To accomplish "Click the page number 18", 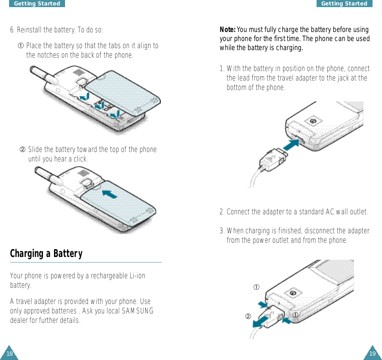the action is point(9,354).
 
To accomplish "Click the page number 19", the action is point(372,354).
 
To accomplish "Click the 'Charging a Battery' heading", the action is point(46,254).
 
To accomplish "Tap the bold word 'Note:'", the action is point(227,30).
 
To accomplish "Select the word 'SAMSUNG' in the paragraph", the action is point(138,311).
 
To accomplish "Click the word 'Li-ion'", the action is point(138,276).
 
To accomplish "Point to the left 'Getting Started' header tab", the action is point(37,4).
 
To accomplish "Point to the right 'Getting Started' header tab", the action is point(344,4).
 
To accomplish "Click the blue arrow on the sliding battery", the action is point(109,194).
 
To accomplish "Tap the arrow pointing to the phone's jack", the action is point(291,145).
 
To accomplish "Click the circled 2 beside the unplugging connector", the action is point(248,316).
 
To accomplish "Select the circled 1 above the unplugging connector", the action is point(256,287).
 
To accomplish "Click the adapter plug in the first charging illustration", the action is point(273,160).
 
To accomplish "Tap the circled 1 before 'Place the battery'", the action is point(21,46).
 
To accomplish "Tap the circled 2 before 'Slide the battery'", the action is point(22,149).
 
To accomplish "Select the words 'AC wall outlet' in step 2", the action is point(347,212).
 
